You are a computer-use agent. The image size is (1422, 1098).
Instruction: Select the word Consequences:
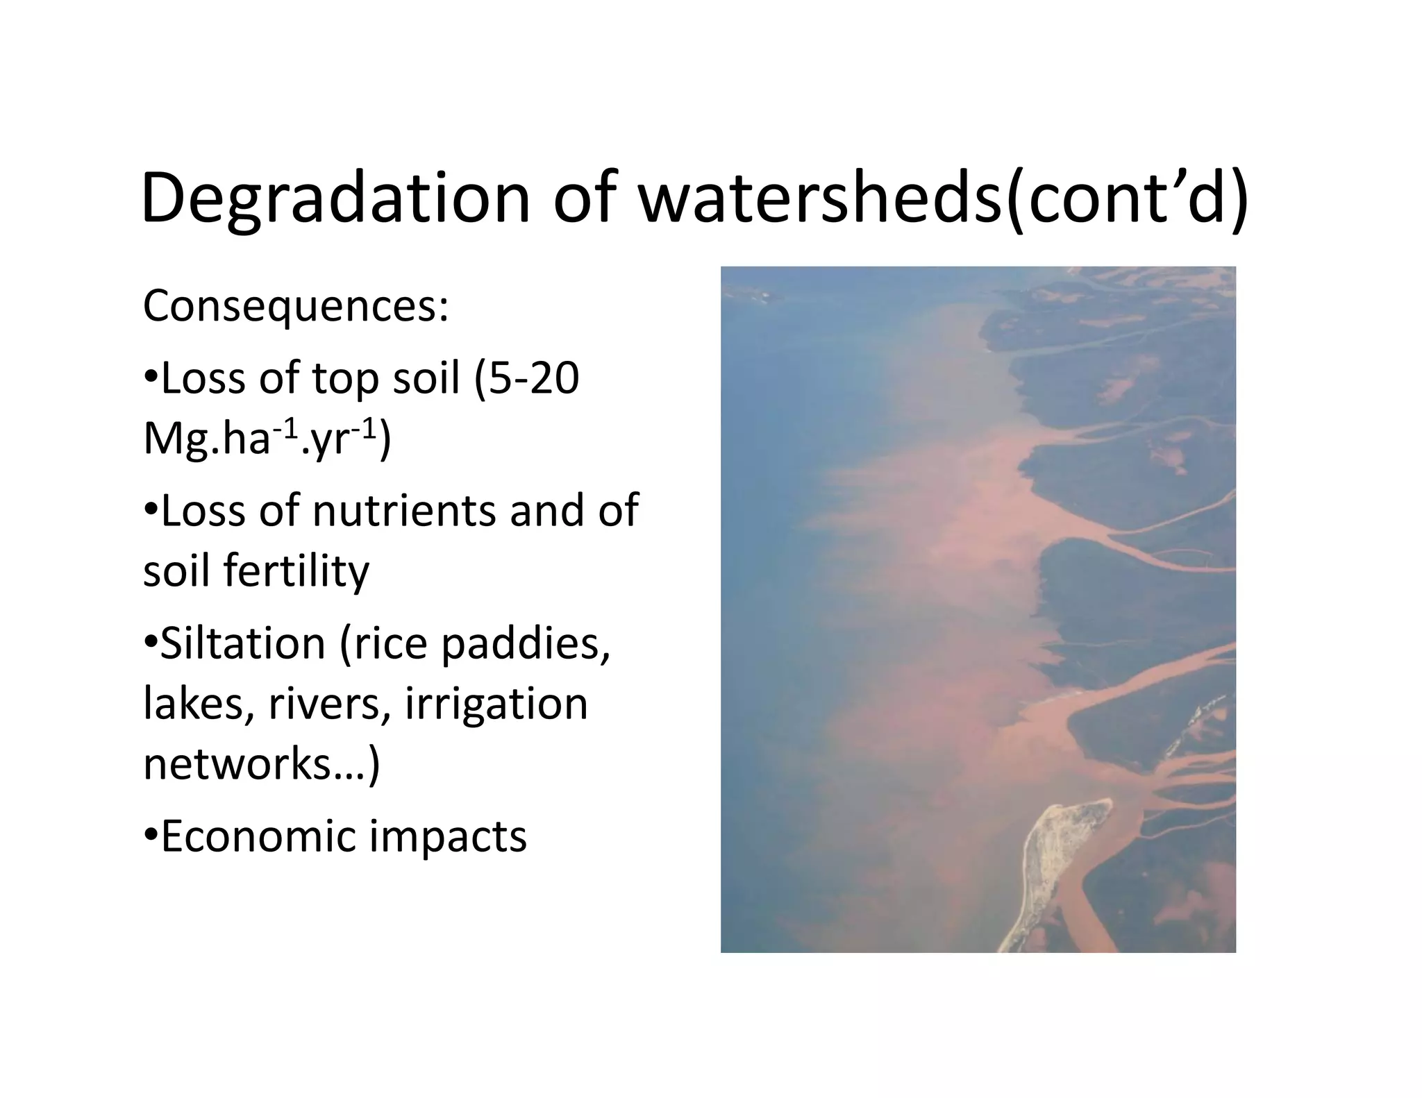(296, 306)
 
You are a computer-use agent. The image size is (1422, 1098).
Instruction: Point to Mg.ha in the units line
(206, 440)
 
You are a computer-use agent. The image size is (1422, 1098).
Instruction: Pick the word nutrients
(404, 511)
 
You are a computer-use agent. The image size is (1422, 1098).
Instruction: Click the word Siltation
(243, 643)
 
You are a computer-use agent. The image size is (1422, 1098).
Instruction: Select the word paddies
(525, 643)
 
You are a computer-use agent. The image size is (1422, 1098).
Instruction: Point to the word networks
(236, 764)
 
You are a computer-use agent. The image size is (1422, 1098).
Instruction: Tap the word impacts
(448, 836)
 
